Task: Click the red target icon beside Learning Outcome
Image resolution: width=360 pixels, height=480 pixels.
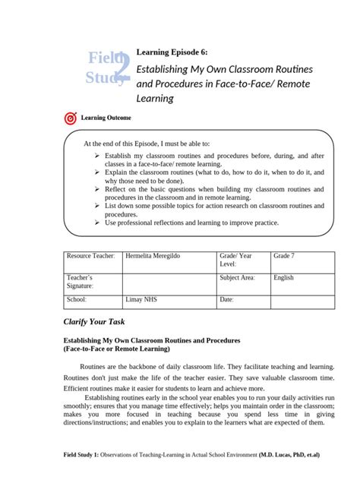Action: point(71,118)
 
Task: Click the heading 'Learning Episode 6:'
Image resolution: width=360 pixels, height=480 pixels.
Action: point(172,52)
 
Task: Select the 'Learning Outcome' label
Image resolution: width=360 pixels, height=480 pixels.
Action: point(106,118)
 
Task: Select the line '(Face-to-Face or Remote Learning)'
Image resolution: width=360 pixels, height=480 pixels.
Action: point(115,349)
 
